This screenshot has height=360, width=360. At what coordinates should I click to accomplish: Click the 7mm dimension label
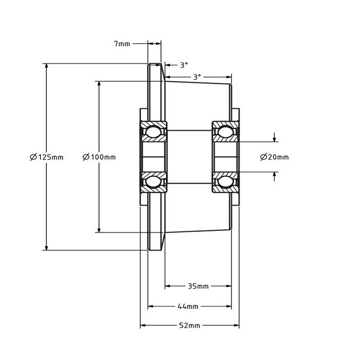click(122, 44)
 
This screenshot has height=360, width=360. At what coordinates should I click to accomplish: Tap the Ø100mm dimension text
click(99, 157)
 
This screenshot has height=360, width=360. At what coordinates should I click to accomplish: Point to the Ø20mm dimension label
click(275, 157)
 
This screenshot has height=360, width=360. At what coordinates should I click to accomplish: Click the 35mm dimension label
click(198, 285)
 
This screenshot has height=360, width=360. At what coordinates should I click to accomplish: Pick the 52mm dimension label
click(190, 326)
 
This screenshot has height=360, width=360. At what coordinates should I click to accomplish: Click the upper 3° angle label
click(184, 65)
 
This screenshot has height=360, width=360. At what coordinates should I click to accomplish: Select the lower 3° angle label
click(196, 77)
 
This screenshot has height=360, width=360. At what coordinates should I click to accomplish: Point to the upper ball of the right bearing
click(224, 132)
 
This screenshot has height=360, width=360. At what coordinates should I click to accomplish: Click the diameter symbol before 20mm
click(263, 157)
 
